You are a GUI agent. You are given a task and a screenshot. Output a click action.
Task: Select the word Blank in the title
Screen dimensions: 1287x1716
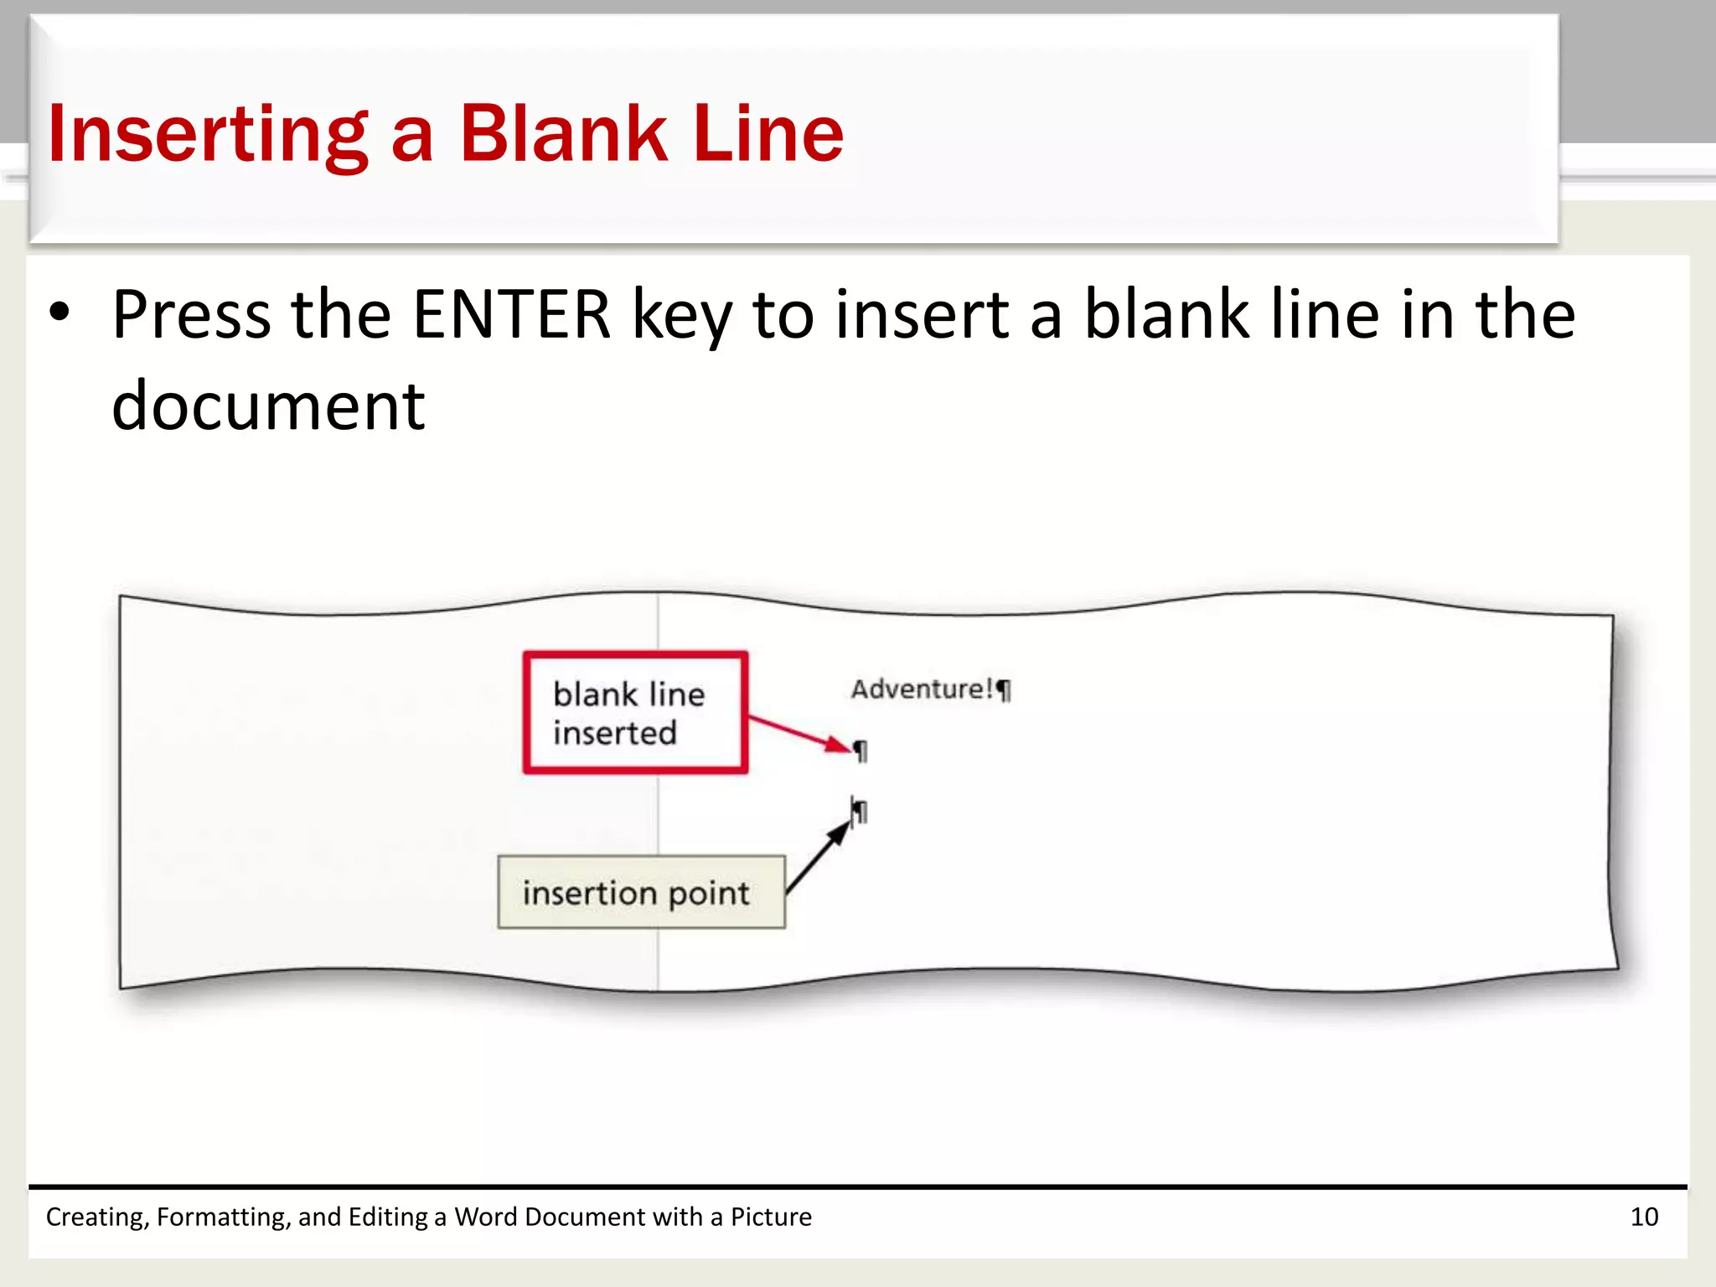562,134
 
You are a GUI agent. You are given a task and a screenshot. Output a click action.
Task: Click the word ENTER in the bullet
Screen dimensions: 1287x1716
512,314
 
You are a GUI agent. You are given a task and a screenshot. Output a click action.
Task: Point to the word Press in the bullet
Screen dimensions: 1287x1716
192,314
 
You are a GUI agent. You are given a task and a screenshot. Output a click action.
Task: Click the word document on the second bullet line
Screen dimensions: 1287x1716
268,406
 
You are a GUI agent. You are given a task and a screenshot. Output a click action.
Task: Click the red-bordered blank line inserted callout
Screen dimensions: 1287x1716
635,712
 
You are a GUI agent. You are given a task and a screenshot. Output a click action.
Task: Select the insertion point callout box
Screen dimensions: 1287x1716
641,892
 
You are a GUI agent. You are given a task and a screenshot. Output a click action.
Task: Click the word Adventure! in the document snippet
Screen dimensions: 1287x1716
922,689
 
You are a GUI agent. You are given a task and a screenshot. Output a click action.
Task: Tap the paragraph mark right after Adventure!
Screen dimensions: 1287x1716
1005,690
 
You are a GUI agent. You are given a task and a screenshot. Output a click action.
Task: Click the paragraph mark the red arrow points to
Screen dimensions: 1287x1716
861,751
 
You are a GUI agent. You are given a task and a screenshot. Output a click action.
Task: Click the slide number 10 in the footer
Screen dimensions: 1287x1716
1644,1217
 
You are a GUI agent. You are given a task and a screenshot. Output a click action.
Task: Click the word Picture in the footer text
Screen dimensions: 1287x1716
771,1217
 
